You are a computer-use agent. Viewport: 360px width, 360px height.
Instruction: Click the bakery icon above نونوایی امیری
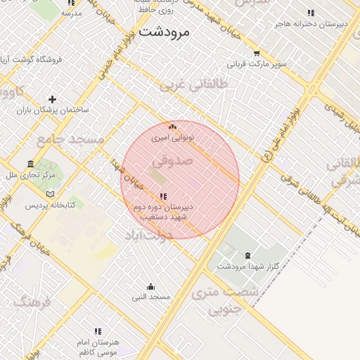(x=172, y=127)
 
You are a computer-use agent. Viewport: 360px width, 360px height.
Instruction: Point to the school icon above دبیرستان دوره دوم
(x=163, y=196)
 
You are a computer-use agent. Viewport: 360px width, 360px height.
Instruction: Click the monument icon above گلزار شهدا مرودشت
(x=247, y=255)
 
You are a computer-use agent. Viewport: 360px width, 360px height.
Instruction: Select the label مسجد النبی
(x=151, y=297)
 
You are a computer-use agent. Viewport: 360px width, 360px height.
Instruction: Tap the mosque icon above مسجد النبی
(x=150, y=286)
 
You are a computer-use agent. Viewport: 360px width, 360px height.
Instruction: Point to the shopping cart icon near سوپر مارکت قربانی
(x=257, y=53)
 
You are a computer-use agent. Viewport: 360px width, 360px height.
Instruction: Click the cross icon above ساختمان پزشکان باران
(x=52, y=100)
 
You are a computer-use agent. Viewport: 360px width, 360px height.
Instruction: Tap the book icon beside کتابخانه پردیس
(x=49, y=194)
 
